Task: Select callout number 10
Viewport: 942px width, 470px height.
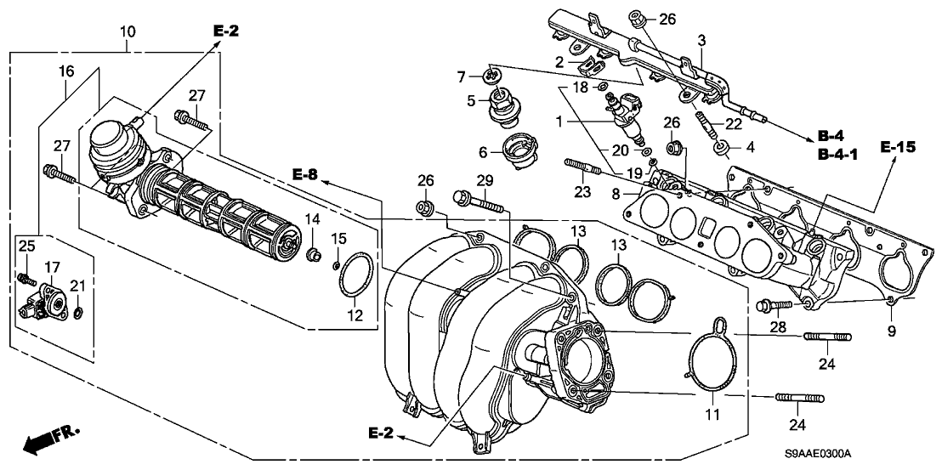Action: click(127, 32)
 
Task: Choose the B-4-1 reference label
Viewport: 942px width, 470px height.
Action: click(836, 155)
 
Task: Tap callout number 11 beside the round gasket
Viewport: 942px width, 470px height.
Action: click(712, 415)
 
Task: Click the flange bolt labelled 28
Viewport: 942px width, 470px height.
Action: click(770, 303)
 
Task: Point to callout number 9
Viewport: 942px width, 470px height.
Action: click(892, 331)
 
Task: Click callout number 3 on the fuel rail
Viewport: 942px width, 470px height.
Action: click(701, 40)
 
